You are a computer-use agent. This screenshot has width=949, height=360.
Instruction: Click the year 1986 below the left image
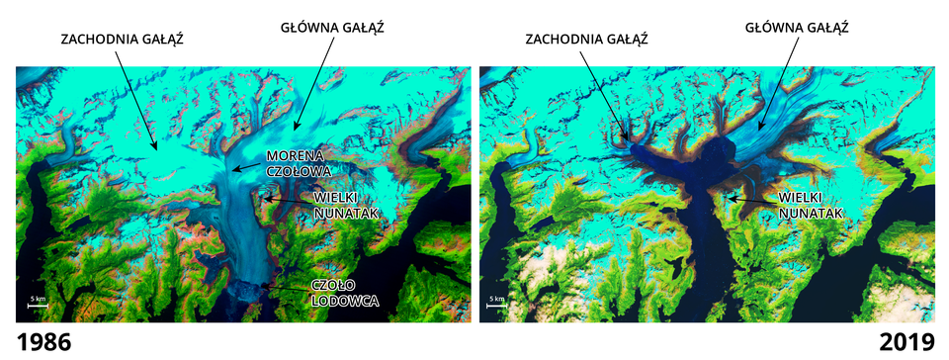[37, 342]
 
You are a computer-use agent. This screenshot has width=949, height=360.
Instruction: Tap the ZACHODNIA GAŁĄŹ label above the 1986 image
[123, 40]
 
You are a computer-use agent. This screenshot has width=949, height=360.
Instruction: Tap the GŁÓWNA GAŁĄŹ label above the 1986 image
[332, 27]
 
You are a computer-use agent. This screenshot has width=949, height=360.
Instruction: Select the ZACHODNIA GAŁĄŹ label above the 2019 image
[586, 40]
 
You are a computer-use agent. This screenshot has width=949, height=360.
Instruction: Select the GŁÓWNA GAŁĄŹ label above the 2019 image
[796, 27]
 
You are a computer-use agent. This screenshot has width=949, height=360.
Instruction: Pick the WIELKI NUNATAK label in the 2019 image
[807, 204]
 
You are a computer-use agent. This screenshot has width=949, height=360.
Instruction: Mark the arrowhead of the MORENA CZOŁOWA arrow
[233, 170]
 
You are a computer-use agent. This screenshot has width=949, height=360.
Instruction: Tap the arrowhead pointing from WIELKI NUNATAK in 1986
[265, 198]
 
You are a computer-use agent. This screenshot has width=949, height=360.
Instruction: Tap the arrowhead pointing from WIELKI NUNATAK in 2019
[729, 198]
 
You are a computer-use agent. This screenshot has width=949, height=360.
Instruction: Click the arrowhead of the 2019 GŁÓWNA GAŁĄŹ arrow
[758, 129]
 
